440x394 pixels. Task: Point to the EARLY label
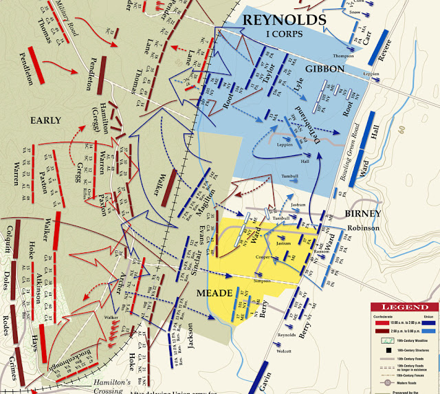(45, 120)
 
